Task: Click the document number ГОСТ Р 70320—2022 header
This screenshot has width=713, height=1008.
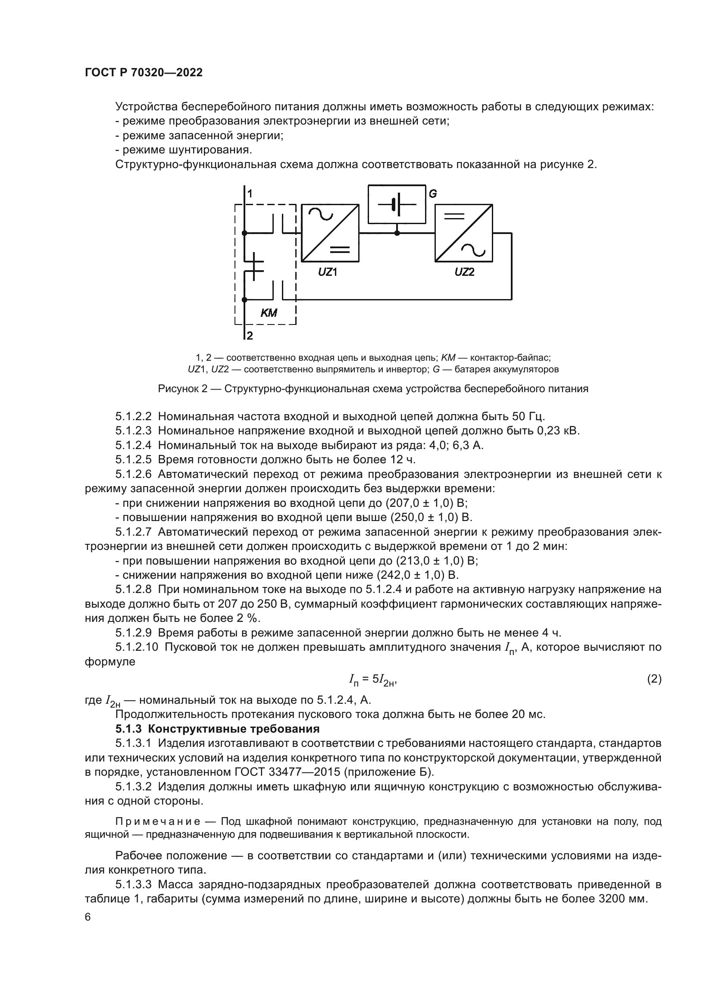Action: [144, 73]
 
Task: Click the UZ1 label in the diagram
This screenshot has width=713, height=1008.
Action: [328, 272]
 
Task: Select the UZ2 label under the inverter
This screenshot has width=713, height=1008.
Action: [465, 272]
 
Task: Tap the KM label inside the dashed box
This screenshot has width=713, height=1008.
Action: [269, 313]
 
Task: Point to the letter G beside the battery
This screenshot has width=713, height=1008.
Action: [433, 193]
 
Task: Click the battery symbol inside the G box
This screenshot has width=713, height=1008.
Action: [397, 205]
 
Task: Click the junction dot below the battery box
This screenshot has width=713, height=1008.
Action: [397, 233]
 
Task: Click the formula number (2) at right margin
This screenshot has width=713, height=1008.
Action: [654, 679]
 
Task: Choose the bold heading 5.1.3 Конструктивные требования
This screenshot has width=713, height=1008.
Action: [217, 729]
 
